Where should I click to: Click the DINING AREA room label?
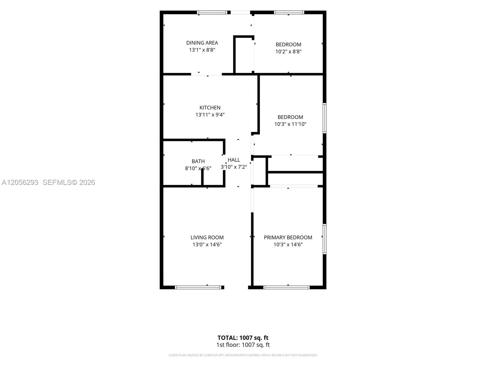pyautogui.click(x=202, y=43)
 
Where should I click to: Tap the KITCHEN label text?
pyautogui.click(x=210, y=108)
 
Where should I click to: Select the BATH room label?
pyautogui.click(x=198, y=161)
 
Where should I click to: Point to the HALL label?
pyautogui.click(x=234, y=160)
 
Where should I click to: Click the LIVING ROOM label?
pyautogui.click(x=207, y=237)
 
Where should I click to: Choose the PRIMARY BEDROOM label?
pyautogui.click(x=288, y=237)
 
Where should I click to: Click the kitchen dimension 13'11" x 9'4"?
pyautogui.click(x=210, y=115)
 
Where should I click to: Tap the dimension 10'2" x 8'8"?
pyautogui.click(x=288, y=52)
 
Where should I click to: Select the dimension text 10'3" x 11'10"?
pyautogui.click(x=290, y=124)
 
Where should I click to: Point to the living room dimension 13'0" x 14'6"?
pyautogui.click(x=207, y=245)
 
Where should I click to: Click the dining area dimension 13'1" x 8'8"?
pyautogui.click(x=202, y=50)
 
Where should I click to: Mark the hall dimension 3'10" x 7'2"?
pyautogui.click(x=234, y=167)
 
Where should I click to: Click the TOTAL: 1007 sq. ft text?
pyautogui.click(x=243, y=338)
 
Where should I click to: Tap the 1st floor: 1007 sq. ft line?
pyautogui.click(x=243, y=345)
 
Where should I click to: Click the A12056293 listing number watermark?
pyautogui.click(x=20, y=182)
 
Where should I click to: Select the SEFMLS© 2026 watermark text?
pyautogui.click(x=69, y=182)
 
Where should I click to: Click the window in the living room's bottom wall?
pyautogui.click(x=198, y=287)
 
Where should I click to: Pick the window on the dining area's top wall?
pyautogui.click(x=212, y=12)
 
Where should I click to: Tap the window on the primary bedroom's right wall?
pyautogui.click(x=324, y=239)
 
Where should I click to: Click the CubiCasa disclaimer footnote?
pyautogui.click(x=243, y=355)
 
